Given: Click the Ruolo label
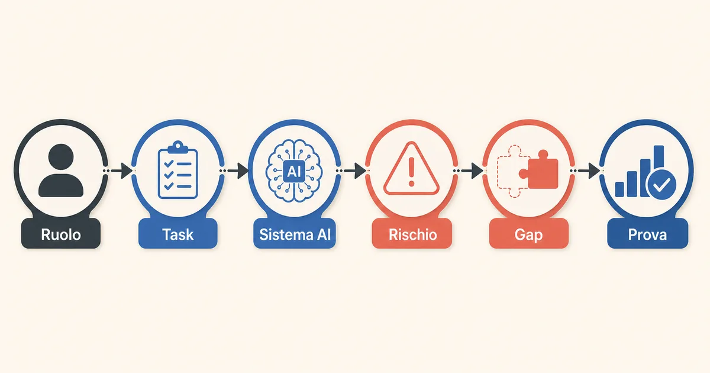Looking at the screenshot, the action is click(61, 234).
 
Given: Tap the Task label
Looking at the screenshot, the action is click(178, 234).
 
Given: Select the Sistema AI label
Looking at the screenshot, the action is click(295, 234).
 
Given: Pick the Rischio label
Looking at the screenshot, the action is click(413, 234).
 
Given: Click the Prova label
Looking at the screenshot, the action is click(647, 234).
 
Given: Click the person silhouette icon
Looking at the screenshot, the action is click(61, 171).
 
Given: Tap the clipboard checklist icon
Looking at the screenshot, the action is click(178, 170).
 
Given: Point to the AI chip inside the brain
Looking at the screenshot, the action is click(294, 171).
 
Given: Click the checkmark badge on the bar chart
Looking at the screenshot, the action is click(661, 185).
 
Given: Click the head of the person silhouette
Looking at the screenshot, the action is click(61, 157).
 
